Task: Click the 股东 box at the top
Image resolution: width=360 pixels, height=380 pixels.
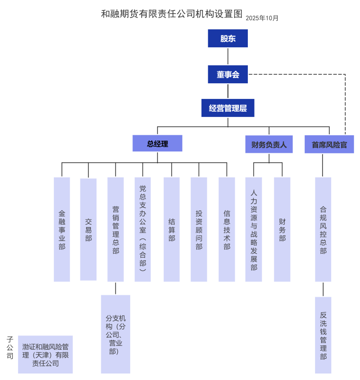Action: (228, 38)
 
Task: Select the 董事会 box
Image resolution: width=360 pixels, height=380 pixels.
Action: (228, 74)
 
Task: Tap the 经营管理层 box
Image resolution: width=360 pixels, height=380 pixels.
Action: (228, 108)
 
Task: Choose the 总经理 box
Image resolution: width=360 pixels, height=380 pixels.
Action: (157, 144)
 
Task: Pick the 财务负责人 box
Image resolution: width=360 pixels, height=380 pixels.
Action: (269, 144)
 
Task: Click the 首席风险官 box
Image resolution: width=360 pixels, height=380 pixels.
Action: (329, 144)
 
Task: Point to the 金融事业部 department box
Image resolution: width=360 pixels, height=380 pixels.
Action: (62, 230)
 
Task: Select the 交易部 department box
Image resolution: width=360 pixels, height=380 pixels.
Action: (88, 230)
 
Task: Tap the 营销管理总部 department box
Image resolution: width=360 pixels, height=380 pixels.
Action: (115, 230)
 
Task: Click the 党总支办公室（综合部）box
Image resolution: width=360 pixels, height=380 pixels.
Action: (142, 230)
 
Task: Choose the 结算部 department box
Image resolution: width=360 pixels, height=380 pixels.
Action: (171, 230)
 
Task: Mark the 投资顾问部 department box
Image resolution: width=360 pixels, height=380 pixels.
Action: (199, 230)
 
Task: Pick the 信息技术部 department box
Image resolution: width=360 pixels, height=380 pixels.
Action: (227, 230)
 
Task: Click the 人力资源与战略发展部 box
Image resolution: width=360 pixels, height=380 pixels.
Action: (254, 230)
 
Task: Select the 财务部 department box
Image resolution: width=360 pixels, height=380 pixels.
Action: (282, 230)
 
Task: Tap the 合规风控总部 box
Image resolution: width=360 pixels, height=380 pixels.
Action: (323, 230)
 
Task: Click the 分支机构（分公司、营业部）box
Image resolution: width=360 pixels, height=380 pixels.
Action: (115, 334)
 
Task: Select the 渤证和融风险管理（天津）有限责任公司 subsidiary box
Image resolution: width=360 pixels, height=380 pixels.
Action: (45, 354)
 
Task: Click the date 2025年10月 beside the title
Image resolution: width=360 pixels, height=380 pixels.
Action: (262, 18)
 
